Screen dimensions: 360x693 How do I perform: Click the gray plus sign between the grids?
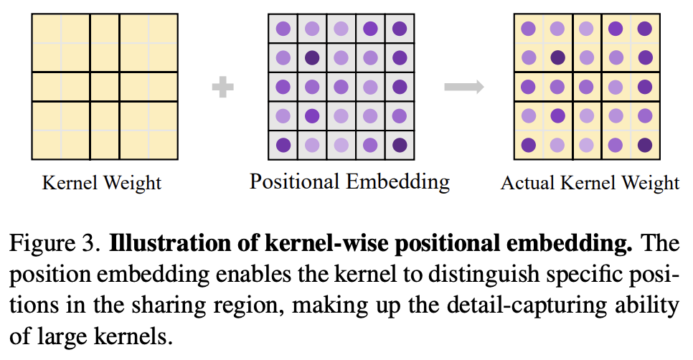pos(223,87)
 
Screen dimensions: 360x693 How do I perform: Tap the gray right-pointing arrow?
pos(463,87)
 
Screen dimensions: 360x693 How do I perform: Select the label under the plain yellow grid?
pos(102,182)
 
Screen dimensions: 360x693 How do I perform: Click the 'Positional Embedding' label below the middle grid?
pos(349,181)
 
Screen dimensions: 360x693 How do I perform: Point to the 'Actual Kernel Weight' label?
pos(590,182)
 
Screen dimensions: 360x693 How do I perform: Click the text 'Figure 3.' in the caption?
pos(54,244)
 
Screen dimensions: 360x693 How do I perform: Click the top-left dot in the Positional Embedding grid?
pos(283,29)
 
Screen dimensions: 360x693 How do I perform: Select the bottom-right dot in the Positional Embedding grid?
pos(399,144)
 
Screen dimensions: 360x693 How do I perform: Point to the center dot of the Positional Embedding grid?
pos(341,87)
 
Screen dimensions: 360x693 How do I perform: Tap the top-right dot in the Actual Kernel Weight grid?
pos(644,29)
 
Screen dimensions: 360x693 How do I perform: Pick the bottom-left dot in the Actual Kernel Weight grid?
pos(529,144)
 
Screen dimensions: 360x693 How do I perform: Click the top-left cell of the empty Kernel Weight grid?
pos(46,29)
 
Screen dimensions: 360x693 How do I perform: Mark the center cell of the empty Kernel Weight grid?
pos(104,87)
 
